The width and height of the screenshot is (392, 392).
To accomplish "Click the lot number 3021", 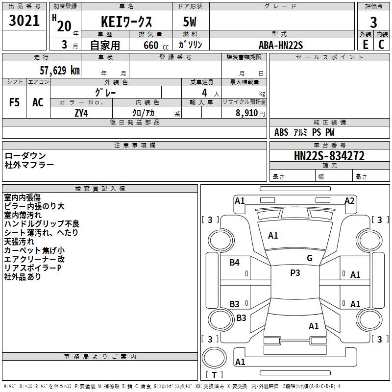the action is click(x=24, y=21).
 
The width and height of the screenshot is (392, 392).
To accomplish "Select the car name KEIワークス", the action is click(x=126, y=22).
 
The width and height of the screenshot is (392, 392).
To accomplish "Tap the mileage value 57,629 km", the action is click(x=60, y=71).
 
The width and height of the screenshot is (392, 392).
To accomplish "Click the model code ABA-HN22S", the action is click(x=281, y=45).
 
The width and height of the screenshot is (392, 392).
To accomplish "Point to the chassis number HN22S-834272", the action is click(x=329, y=156).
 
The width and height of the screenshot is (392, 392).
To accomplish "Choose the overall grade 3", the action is click(x=373, y=23).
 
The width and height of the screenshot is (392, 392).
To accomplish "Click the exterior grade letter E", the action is click(x=366, y=45).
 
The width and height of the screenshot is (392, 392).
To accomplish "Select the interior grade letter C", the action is click(x=381, y=45).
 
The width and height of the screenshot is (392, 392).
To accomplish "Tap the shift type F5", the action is click(x=14, y=102).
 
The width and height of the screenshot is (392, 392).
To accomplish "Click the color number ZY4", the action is click(x=81, y=113).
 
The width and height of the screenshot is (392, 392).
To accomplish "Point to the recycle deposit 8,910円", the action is click(x=250, y=113).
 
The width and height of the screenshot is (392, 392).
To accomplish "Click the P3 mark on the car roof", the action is click(x=295, y=273).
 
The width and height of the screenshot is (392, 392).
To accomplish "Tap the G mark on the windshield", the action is click(x=310, y=258).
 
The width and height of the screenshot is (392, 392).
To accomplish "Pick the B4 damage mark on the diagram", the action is click(x=235, y=263).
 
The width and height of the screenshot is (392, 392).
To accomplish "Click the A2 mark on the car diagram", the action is click(x=349, y=201).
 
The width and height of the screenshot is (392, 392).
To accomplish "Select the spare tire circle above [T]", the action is click(x=214, y=358).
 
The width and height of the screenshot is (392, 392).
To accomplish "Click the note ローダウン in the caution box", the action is click(x=25, y=156).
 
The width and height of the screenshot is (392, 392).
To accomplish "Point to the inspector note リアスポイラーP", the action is click(x=32, y=268).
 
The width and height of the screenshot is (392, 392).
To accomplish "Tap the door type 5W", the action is click(x=190, y=22).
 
